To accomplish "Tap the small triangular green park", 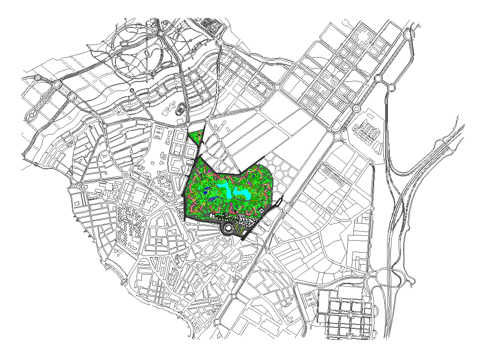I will (196, 136).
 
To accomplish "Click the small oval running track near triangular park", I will (180, 109).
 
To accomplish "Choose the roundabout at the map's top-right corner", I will (408, 35).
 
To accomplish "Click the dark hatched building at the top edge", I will (209, 24).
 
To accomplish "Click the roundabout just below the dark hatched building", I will (219, 43).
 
